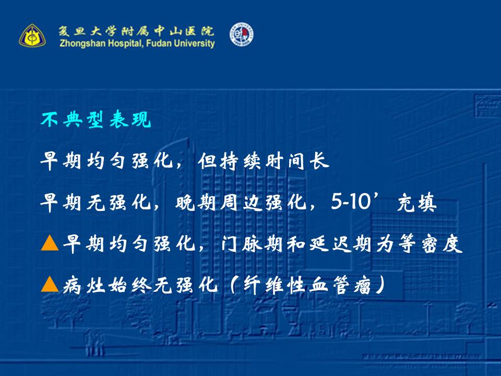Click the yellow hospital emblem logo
[32, 35]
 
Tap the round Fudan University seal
[242, 34]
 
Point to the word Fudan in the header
[158, 43]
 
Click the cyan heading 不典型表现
[96, 120]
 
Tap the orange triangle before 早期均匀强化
[50, 243]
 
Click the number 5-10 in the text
[351, 202]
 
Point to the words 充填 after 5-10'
[417, 202]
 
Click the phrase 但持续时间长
[263, 160]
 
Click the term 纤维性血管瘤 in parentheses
[307, 285]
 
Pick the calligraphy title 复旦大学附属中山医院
[136, 31]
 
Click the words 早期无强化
[96, 202]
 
